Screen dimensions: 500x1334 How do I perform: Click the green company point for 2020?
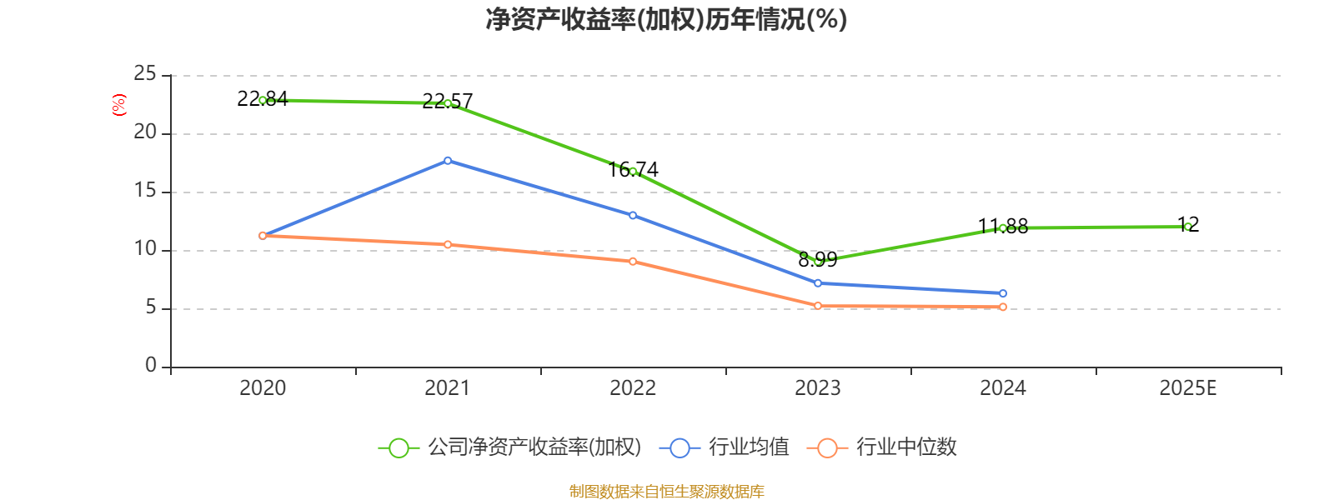click(x=263, y=100)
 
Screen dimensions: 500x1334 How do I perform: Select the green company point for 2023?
click(x=818, y=262)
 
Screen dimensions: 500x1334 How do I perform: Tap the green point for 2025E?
click(x=1188, y=227)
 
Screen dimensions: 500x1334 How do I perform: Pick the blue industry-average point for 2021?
click(x=448, y=160)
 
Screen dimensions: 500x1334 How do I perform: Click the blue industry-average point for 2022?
click(x=633, y=215)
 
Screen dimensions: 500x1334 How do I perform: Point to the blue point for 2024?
click(x=1003, y=293)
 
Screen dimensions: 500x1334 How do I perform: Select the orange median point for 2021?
click(x=448, y=244)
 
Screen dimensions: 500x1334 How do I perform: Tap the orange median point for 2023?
click(x=818, y=306)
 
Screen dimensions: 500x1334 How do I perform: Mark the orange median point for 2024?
click(x=1003, y=307)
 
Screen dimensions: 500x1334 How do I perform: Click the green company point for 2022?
click(x=633, y=172)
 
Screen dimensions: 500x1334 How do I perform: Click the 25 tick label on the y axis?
click(x=145, y=74)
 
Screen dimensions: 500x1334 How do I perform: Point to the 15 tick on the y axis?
click(x=145, y=191)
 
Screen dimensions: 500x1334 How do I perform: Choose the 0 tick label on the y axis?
click(x=151, y=366)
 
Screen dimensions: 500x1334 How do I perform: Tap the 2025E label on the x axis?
click(x=1187, y=388)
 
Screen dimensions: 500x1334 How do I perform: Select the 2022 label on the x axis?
click(x=633, y=388)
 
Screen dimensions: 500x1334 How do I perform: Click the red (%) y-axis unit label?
click(x=118, y=105)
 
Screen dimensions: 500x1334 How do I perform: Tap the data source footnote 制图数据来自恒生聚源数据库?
click(x=667, y=492)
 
